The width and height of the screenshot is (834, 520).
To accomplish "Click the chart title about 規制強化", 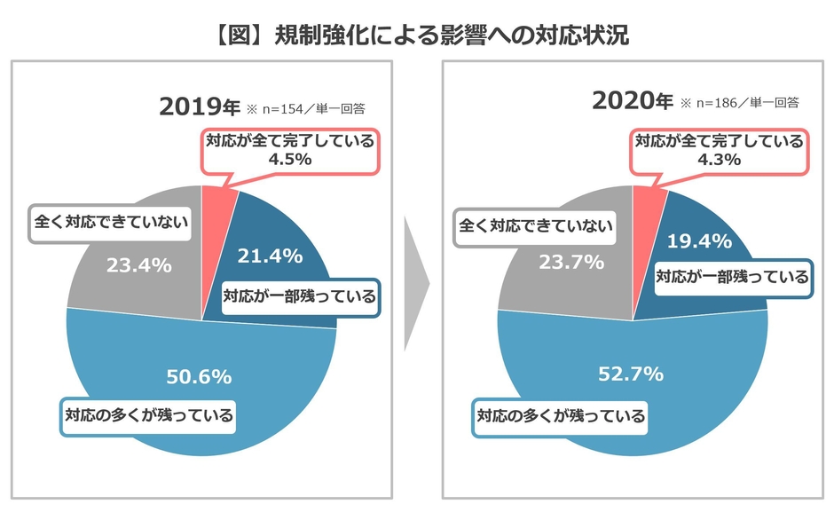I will [416, 35].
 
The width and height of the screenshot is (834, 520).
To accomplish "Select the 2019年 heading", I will [199, 107].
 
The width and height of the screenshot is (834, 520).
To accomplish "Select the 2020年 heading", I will [633, 100].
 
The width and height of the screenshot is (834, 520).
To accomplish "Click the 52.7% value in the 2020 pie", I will [632, 373].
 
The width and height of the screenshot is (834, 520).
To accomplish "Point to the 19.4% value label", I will [700, 240].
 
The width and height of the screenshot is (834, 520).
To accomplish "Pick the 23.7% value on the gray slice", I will [571, 261].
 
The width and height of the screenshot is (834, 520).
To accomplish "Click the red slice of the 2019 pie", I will [217, 209].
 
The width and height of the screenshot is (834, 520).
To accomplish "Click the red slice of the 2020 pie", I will [647, 204].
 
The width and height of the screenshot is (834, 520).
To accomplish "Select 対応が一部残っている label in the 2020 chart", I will [732, 277].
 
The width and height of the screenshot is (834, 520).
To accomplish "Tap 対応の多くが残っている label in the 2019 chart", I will [148, 414].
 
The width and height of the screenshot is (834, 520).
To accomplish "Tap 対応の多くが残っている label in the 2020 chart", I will [561, 414].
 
